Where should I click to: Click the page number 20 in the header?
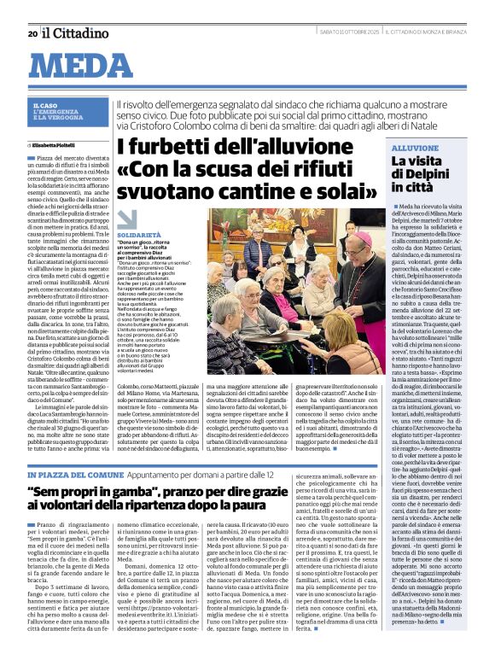pos(32,33)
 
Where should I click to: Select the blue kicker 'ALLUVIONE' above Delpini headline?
pos(415,148)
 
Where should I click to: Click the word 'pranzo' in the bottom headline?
pos(234,492)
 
